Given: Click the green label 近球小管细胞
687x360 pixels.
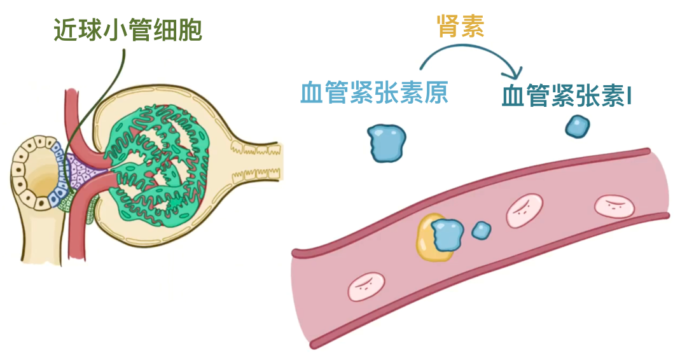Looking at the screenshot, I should (x=127, y=29).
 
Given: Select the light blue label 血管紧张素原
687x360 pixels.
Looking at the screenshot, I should (x=375, y=93).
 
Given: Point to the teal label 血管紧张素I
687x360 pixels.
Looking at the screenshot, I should (x=567, y=96).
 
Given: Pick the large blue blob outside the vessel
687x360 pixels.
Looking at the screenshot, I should (x=387, y=143).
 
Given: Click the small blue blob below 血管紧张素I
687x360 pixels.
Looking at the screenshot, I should (x=578, y=126).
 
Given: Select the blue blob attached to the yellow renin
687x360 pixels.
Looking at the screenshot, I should (x=448, y=233).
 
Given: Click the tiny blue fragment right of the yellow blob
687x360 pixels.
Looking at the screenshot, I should (x=482, y=230).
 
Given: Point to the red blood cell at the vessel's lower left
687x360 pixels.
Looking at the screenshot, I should (x=367, y=287).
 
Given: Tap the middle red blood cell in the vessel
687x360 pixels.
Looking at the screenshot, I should (x=525, y=211).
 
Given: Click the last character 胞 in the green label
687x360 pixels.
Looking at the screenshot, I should (x=190, y=29).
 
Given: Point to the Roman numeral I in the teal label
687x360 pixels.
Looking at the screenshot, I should (x=628, y=96).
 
